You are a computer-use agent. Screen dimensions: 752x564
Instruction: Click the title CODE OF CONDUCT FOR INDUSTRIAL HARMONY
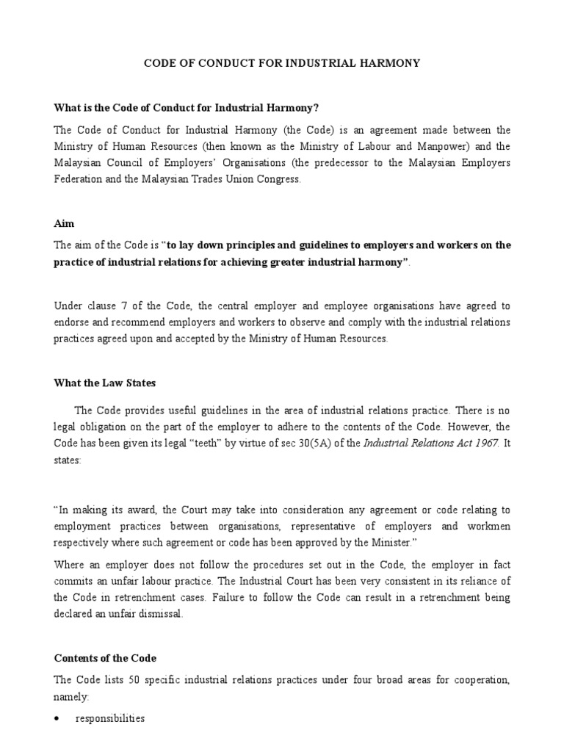pos(281,63)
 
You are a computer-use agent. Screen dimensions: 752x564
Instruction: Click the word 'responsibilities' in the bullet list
pos(110,719)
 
